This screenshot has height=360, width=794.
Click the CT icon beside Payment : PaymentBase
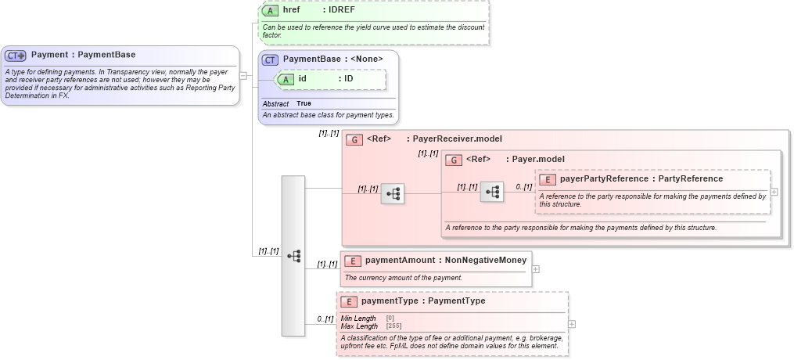(16, 56)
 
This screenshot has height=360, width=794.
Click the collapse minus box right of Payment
(243, 76)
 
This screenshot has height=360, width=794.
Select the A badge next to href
(270, 11)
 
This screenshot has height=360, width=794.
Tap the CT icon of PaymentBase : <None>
(270, 59)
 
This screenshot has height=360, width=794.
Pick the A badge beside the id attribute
(286, 79)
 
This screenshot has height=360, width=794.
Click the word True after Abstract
(304, 104)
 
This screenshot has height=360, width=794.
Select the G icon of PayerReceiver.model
(354, 140)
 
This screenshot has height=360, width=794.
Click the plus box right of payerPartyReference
(774, 192)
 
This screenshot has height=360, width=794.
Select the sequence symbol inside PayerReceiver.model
(393, 193)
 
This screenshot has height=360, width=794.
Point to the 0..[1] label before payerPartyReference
(524, 187)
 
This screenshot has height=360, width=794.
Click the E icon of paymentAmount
(353, 261)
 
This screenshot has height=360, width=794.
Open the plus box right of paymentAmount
(535, 268)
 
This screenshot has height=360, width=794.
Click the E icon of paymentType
(348, 301)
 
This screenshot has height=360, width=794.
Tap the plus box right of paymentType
(572, 324)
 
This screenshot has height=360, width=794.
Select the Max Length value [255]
(395, 326)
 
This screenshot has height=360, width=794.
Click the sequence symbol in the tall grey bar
(294, 256)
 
